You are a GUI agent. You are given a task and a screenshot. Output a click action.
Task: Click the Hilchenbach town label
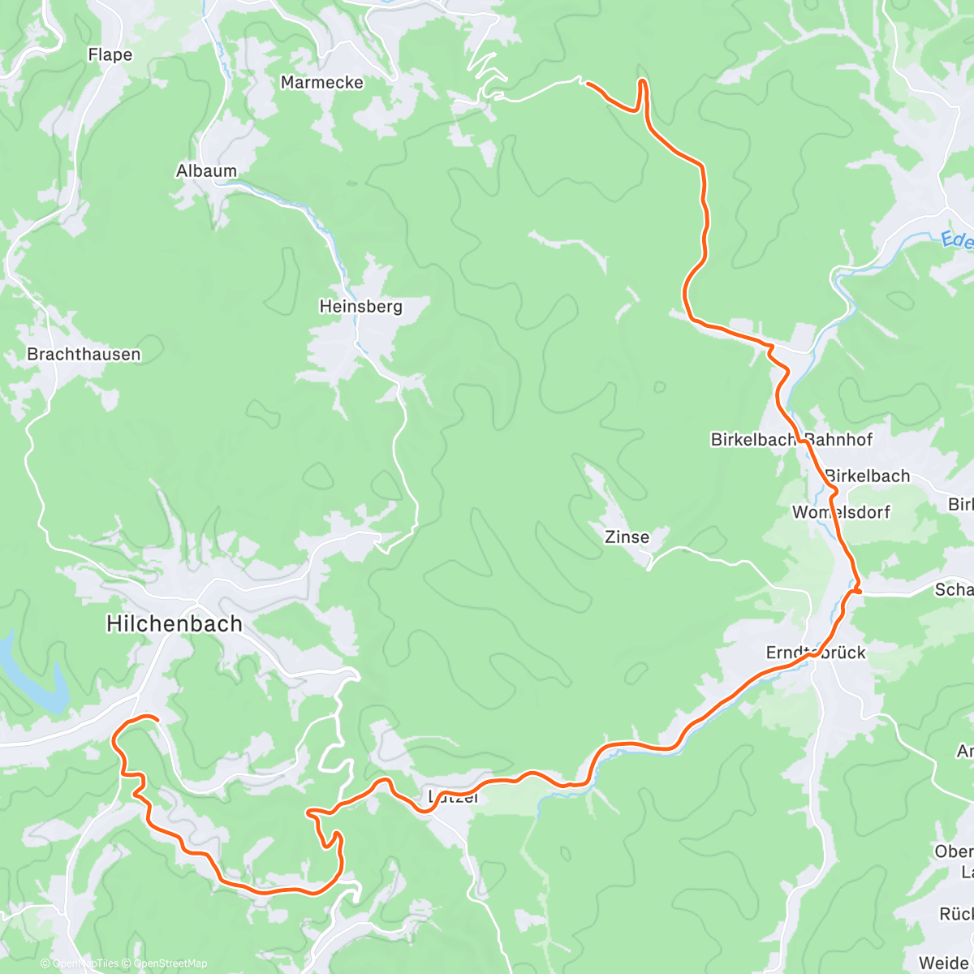point(174,623)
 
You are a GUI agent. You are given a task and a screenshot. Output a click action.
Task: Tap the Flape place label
point(110,54)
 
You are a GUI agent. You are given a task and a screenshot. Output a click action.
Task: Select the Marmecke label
point(321,82)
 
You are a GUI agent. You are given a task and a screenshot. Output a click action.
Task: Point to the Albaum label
point(206,170)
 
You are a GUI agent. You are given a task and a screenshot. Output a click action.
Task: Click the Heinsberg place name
point(360,306)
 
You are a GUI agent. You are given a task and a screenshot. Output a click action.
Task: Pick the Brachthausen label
point(84,354)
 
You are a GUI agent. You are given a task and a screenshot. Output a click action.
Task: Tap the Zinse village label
point(627,537)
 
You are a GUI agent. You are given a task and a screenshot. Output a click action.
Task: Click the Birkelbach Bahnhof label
point(791,439)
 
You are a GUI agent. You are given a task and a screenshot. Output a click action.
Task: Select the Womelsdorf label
point(841,512)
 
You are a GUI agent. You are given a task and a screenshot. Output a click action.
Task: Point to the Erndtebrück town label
point(816,653)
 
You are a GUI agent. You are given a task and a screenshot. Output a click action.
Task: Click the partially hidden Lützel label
point(453,798)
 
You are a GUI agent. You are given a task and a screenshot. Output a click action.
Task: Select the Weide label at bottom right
point(945,963)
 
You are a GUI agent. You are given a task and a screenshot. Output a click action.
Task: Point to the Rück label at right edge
point(955,914)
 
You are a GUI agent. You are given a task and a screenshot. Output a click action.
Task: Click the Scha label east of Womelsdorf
point(953,589)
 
